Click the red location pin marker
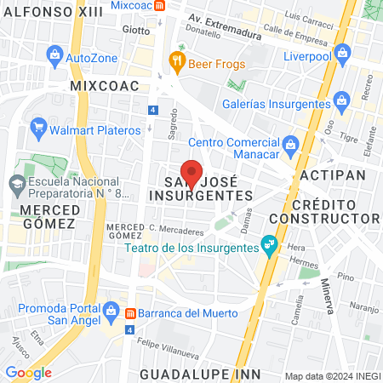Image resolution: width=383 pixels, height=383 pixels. click(192, 173)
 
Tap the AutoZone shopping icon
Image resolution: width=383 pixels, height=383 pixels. click(55, 57)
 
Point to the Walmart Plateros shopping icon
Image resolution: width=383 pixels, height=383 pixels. click(38, 129)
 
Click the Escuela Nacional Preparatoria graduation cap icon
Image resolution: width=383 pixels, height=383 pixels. click(17, 183)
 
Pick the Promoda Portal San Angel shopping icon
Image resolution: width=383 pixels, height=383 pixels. click(110, 313)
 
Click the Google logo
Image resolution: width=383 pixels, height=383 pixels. click(28, 372)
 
